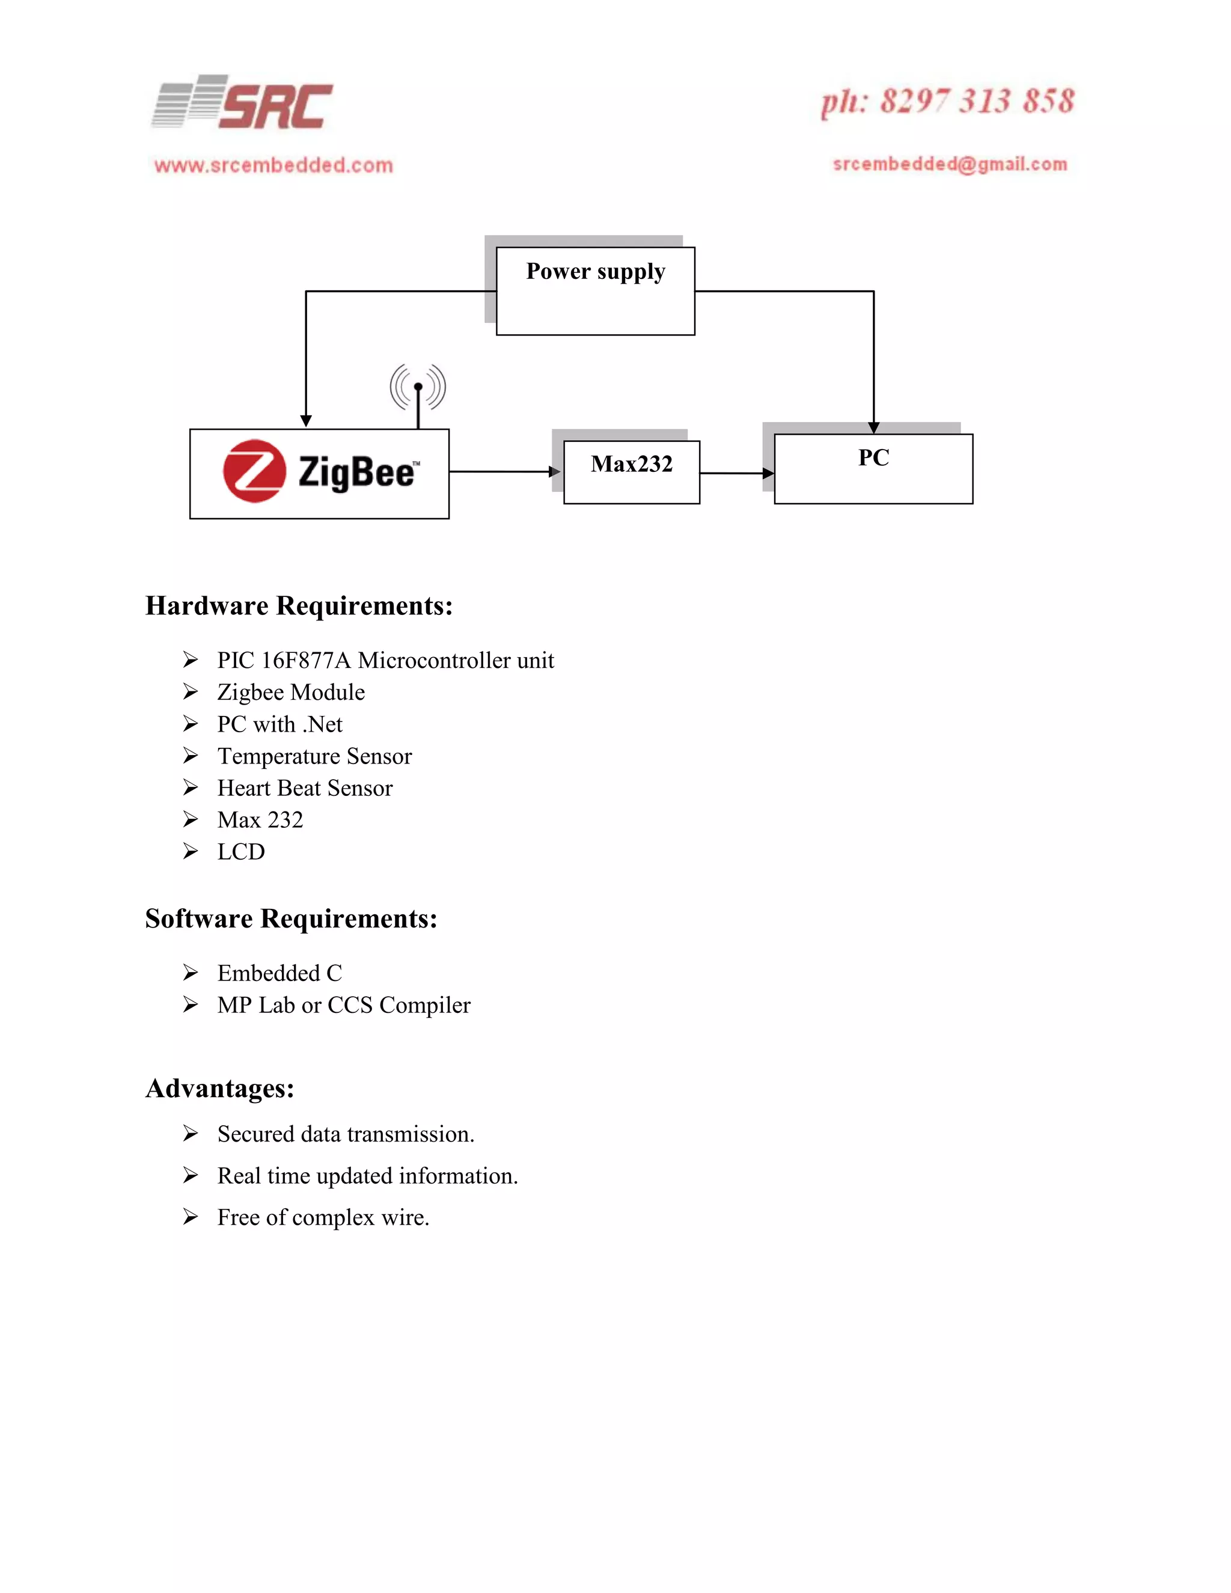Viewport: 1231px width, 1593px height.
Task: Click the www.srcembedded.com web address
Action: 273,165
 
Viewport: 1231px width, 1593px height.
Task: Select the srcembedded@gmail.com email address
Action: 950,164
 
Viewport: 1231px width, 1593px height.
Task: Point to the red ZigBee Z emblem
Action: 254,471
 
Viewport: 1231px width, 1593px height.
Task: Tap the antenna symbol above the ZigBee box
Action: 418,390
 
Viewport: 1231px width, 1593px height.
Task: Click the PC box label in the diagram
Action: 873,458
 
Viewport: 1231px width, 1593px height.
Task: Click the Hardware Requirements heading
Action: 299,606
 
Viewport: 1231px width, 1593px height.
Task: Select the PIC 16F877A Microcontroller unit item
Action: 385,661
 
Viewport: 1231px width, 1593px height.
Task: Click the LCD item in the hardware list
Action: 240,852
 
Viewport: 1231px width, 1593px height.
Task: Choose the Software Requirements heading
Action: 291,919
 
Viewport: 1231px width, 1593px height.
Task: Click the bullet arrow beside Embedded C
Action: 191,973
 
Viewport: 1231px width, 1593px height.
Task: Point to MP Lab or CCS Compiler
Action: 343,1006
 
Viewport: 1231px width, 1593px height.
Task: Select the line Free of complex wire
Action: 323,1218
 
